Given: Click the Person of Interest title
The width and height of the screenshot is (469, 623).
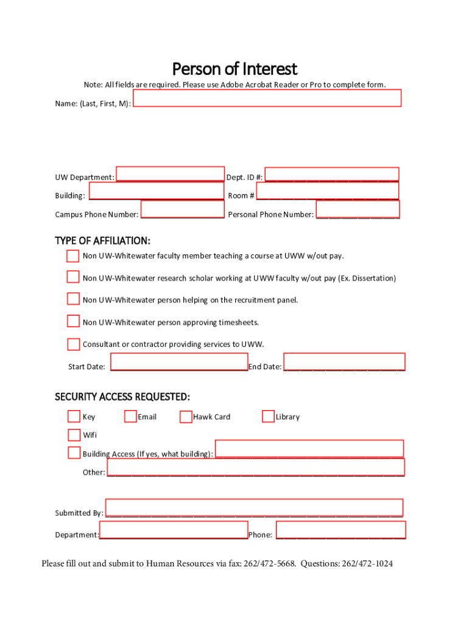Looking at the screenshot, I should tap(234, 68).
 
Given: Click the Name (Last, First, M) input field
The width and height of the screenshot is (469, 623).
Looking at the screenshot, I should tap(267, 98).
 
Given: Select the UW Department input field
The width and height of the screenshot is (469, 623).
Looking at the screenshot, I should tap(170, 174).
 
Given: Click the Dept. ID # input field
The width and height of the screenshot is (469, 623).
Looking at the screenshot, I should tap(331, 175).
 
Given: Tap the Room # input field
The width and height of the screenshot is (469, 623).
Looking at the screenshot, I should tap(327, 191).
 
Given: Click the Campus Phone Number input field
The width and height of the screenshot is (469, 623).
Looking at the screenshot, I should tap(182, 210).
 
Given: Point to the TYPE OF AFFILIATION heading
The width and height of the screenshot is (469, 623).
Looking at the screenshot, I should tap(102, 241).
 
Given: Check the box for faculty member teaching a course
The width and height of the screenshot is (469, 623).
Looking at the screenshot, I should tap(73, 256).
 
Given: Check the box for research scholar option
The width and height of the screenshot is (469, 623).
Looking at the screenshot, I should tap(73, 277).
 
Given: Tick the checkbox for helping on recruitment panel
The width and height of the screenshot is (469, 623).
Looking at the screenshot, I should tap(73, 299).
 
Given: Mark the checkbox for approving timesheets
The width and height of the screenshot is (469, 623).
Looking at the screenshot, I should tap(73, 321).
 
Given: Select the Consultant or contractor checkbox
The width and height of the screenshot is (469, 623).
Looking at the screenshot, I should tap(73, 344).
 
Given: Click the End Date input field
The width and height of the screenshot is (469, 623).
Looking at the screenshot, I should tap(344, 362).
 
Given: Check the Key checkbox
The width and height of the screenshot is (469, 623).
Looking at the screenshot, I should tap(74, 416).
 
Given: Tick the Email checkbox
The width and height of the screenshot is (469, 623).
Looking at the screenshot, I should tap(130, 416).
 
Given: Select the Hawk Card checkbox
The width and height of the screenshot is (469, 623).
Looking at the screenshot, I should tap(186, 417).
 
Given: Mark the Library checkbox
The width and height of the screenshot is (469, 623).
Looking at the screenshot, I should tap(268, 416).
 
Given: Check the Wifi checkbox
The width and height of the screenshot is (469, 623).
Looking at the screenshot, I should tap(74, 434).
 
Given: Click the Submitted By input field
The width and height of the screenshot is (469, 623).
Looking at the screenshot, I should tap(254, 507).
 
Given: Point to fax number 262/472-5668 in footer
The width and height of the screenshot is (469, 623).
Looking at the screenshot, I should tap(270, 564).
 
